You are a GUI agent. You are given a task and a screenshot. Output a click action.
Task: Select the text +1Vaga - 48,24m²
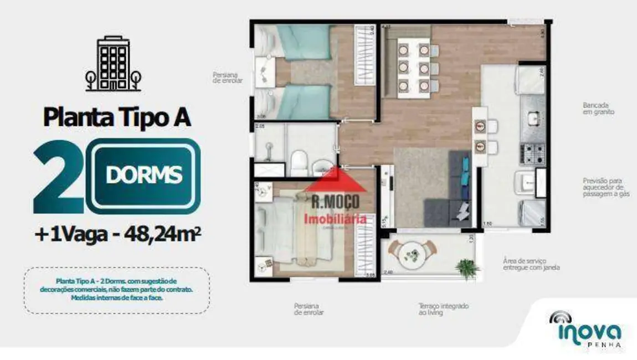click(117, 235)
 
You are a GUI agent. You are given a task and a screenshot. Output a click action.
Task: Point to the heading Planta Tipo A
click(117, 117)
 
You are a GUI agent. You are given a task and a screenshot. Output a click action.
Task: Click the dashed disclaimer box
click(117, 290)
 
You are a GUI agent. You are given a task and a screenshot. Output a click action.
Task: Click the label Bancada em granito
click(598, 108)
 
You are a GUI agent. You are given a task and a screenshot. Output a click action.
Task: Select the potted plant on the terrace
click(467, 269)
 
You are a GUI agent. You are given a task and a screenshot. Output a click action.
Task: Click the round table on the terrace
click(412, 255)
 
